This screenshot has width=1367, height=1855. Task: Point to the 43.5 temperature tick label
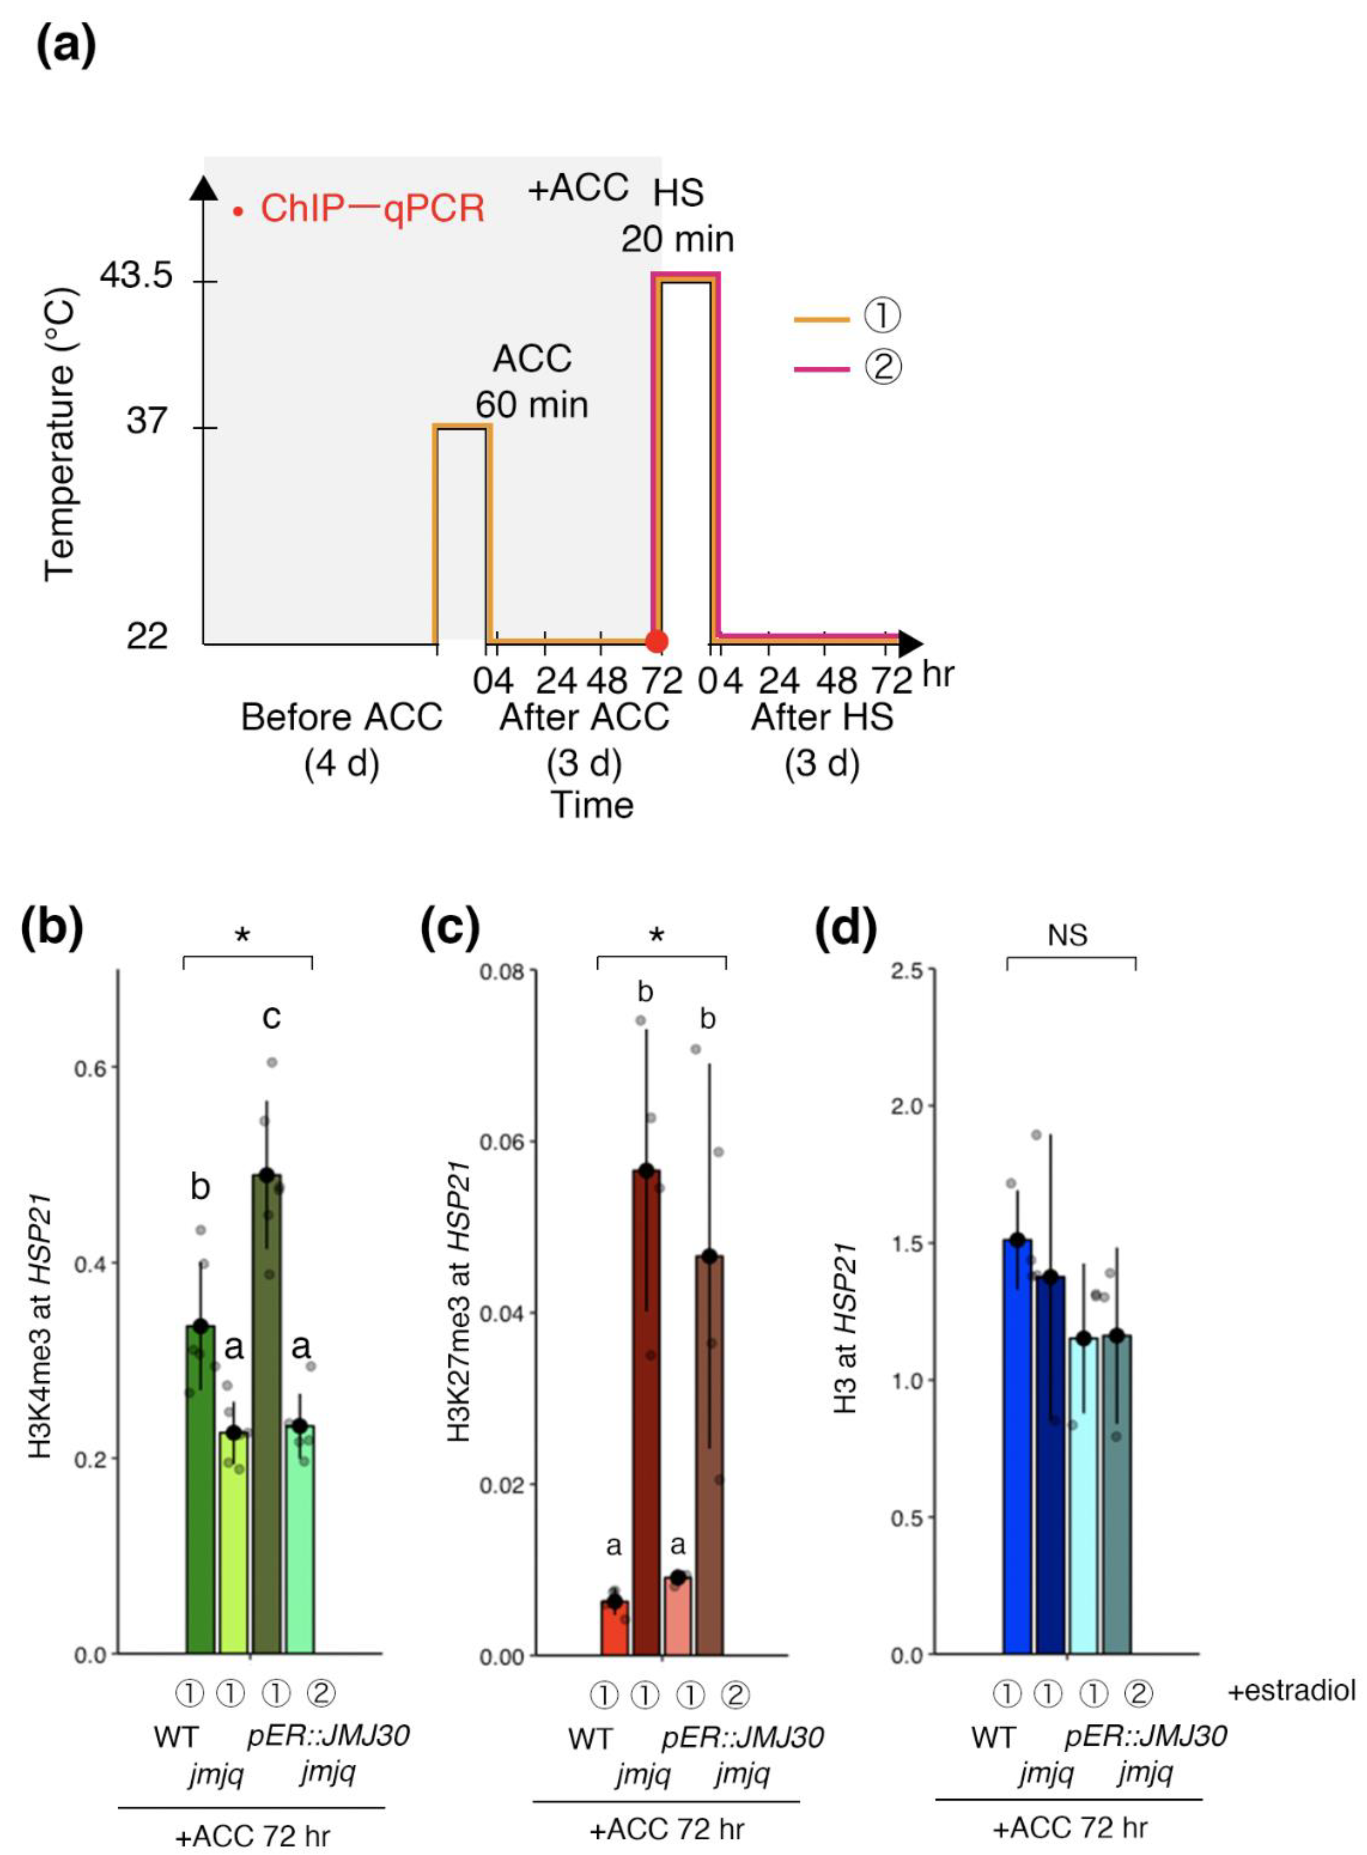coord(137,275)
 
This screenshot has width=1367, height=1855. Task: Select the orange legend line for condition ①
coord(821,319)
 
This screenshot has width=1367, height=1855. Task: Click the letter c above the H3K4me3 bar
coord(271,1015)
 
